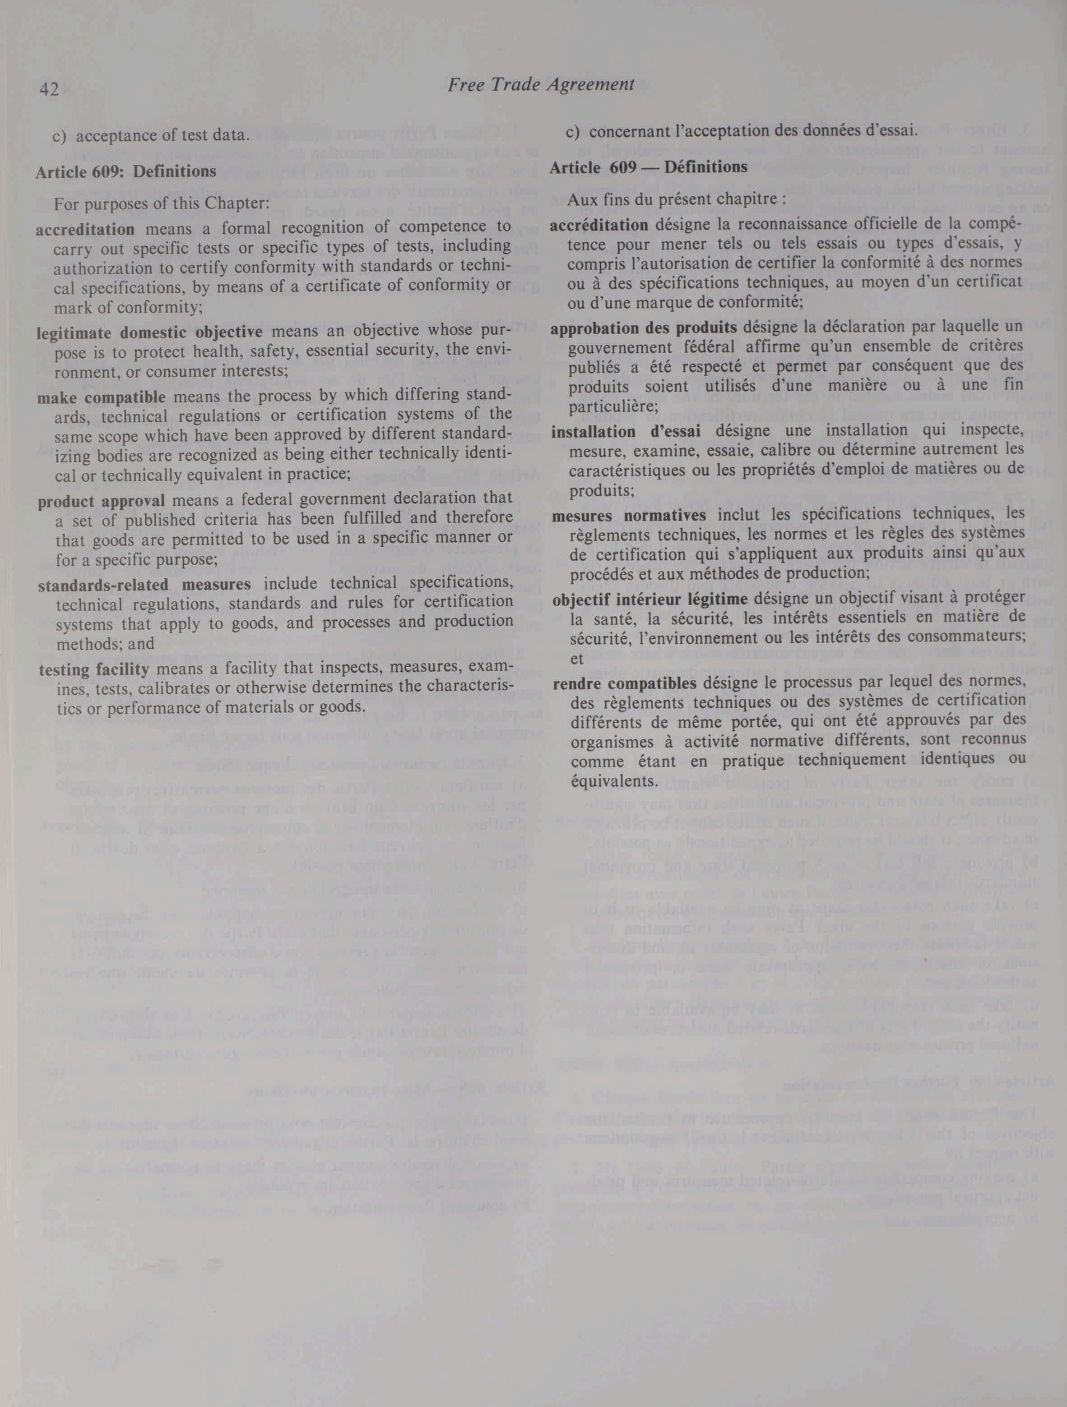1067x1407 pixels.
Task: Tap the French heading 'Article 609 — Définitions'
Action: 648,167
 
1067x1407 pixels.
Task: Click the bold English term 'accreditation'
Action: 85,228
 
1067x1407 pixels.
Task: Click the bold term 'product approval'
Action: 101,501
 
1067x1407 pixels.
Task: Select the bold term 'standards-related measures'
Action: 144,583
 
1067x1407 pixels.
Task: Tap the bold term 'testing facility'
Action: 94,669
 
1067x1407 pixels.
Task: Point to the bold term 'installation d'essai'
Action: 626,431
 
